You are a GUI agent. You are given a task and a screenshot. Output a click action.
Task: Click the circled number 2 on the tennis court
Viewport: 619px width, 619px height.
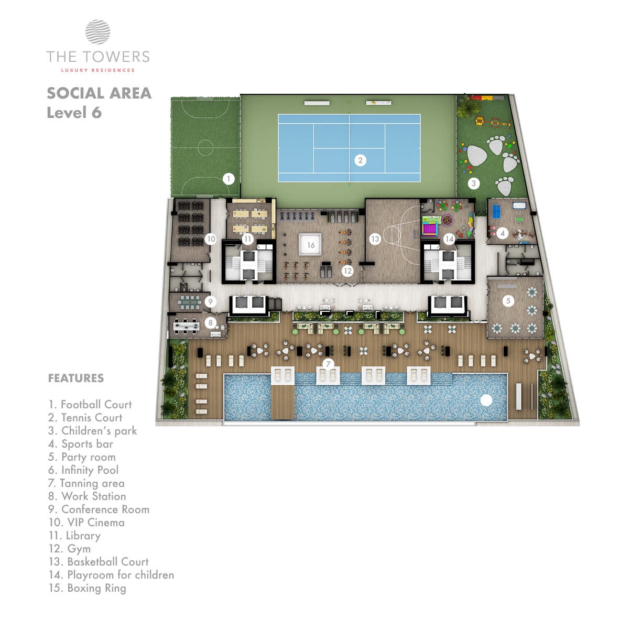pyautogui.click(x=360, y=160)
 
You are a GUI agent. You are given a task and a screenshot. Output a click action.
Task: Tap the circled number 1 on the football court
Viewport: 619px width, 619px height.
pyautogui.click(x=229, y=179)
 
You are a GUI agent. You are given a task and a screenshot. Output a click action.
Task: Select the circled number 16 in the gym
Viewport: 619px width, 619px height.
pyautogui.click(x=311, y=245)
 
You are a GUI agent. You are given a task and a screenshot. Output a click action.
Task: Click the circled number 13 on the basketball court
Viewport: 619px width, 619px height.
pyautogui.click(x=375, y=239)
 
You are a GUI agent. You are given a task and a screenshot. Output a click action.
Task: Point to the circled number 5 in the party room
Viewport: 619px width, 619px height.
pyautogui.click(x=508, y=301)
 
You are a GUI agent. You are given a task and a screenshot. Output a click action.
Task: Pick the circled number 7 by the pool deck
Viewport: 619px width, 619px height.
pyautogui.click(x=328, y=364)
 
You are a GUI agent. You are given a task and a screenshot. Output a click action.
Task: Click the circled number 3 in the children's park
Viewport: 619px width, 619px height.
pyautogui.click(x=474, y=183)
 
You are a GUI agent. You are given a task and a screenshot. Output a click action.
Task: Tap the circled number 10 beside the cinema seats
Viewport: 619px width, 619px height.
pyautogui.click(x=211, y=239)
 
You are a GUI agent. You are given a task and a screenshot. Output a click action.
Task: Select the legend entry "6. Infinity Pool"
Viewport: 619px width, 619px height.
pyautogui.click(x=83, y=470)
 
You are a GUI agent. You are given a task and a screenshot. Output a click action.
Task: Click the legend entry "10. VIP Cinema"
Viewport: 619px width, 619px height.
pyautogui.click(x=86, y=522)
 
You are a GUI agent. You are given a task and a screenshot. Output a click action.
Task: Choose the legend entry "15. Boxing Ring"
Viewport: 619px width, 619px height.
pyautogui.click(x=87, y=588)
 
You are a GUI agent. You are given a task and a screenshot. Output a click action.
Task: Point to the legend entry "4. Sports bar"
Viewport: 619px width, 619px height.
pyautogui.click(x=81, y=444)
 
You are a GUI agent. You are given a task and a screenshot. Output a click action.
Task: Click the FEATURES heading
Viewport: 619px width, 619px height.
pyautogui.click(x=76, y=378)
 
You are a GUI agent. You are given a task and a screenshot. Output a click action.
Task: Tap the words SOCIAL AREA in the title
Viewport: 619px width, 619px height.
pyautogui.click(x=99, y=93)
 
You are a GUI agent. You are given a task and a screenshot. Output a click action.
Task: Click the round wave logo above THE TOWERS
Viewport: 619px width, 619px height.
pyautogui.click(x=98, y=32)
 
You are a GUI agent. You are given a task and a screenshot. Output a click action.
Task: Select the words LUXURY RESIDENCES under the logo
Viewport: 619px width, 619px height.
pyautogui.click(x=98, y=70)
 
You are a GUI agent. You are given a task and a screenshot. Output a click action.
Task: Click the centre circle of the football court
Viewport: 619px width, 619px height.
pyautogui.click(x=205, y=148)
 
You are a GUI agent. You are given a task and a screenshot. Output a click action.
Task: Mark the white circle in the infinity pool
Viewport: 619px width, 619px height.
pyautogui.click(x=486, y=400)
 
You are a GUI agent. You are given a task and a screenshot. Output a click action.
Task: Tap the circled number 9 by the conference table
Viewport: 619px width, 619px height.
pyautogui.click(x=210, y=302)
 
